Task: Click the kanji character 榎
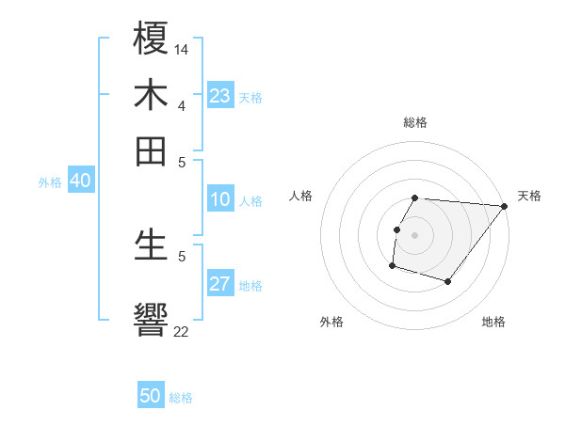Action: click(151, 39)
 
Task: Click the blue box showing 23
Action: click(219, 96)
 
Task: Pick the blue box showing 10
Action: click(219, 199)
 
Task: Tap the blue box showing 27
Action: click(219, 285)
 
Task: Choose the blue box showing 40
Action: click(80, 182)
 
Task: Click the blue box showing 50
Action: click(151, 396)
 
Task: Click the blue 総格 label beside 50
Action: click(181, 398)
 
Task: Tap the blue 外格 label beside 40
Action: click(50, 183)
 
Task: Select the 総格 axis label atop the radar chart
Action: click(414, 122)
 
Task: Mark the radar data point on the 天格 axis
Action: click(504, 207)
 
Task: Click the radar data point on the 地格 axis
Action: click(448, 281)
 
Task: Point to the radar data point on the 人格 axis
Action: click(396, 229)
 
